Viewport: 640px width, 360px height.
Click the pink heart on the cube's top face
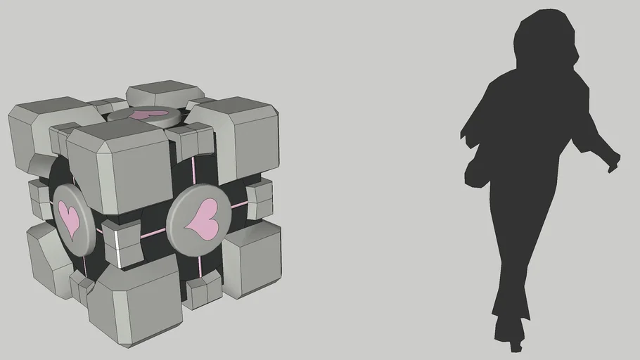point(150,113)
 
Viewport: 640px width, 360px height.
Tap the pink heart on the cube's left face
point(69,217)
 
